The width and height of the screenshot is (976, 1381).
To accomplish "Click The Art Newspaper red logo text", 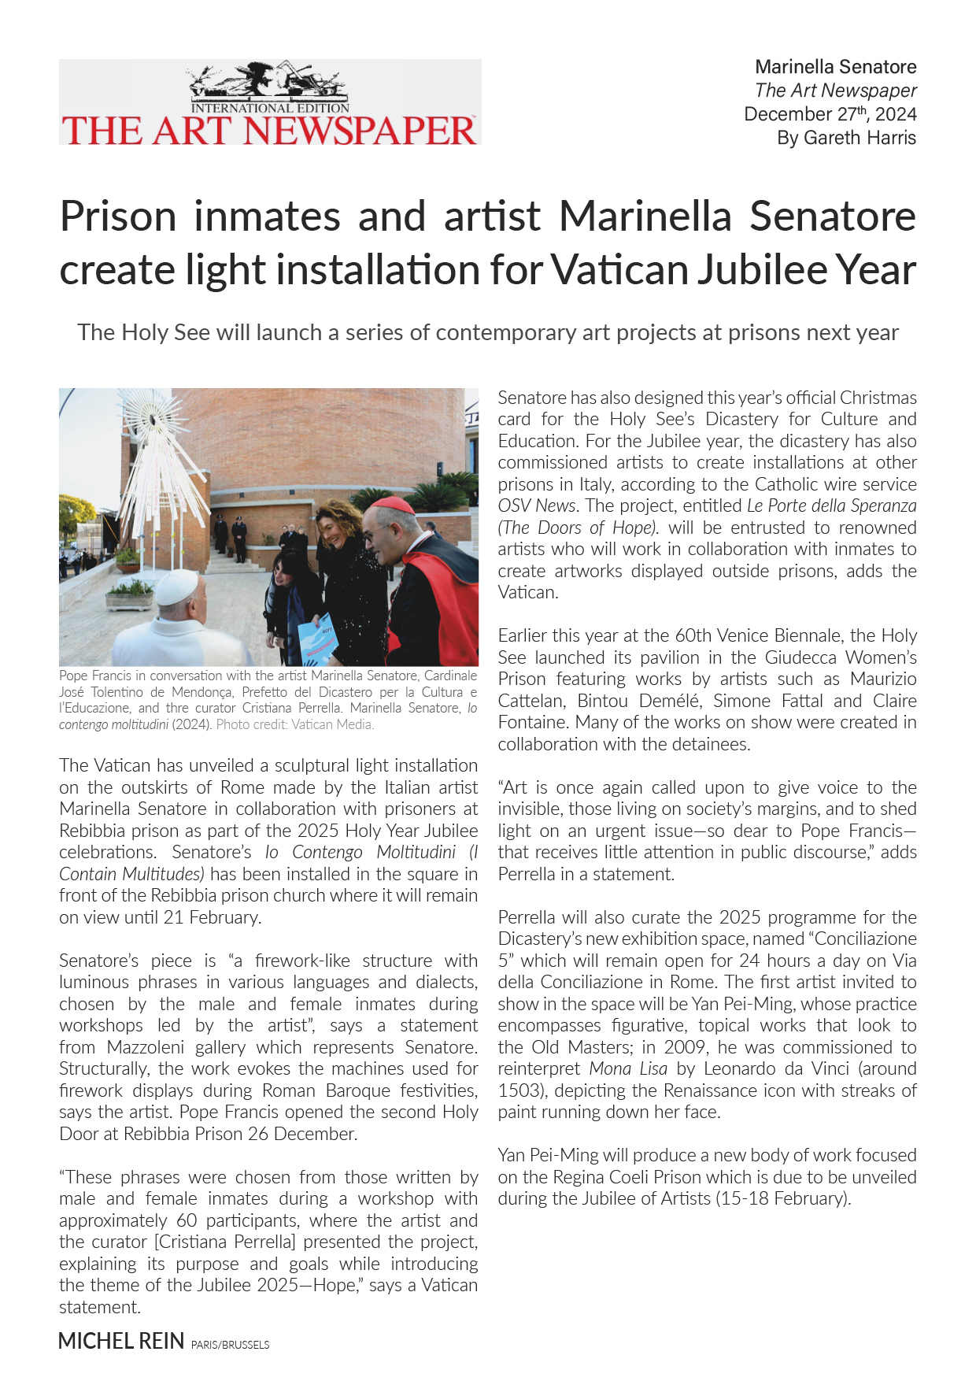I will (269, 131).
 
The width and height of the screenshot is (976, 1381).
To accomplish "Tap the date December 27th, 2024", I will (830, 114).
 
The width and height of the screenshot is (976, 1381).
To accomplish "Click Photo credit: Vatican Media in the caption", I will (295, 724).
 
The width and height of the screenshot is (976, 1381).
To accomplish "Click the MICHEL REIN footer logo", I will (121, 1341).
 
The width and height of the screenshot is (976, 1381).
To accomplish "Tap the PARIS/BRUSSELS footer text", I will (230, 1345).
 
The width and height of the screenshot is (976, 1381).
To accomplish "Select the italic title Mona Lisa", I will (628, 1069).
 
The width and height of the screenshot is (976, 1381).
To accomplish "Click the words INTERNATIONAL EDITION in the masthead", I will (270, 108).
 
